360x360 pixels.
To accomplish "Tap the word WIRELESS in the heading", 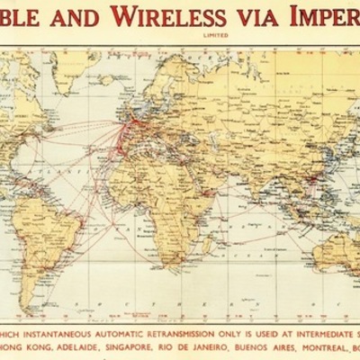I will [x=182, y=17].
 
